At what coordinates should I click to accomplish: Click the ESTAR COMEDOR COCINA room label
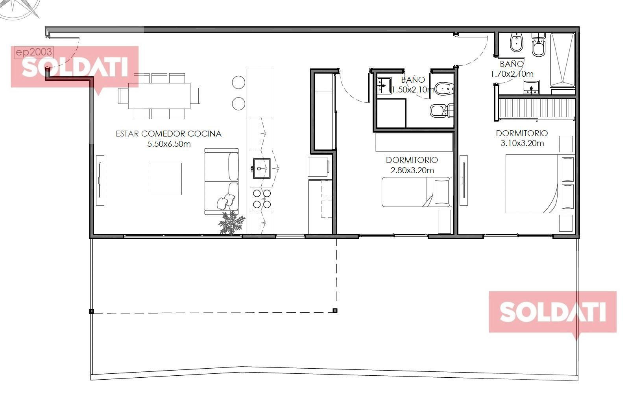[x=168, y=134]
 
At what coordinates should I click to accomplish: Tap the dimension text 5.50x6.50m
[x=169, y=144]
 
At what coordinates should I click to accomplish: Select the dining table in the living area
[x=159, y=96]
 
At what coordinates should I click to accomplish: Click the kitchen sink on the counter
[x=262, y=168]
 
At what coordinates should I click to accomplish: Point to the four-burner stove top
[x=262, y=199]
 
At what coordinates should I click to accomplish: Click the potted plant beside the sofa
[x=231, y=223]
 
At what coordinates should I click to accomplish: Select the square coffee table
[x=166, y=179]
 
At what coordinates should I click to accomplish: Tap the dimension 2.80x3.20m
[x=412, y=170]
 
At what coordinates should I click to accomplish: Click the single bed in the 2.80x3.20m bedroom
[x=417, y=192]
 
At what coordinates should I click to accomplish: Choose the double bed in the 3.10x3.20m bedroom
[x=540, y=184]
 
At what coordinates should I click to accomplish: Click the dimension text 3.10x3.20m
[x=522, y=143]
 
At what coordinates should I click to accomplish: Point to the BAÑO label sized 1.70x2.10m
[x=512, y=64]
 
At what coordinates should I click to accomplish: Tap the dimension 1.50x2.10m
[x=413, y=90]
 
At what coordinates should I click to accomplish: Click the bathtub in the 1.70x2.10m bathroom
[x=562, y=60]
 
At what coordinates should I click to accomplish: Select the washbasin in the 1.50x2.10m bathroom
[x=384, y=85]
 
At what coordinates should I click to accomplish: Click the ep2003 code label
[x=34, y=52]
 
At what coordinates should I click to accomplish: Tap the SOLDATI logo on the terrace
[x=552, y=312]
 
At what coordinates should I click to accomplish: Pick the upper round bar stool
[x=238, y=82]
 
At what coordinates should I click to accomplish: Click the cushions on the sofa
[x=226, y=201]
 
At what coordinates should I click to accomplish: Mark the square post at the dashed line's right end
[x=335, y=310]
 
